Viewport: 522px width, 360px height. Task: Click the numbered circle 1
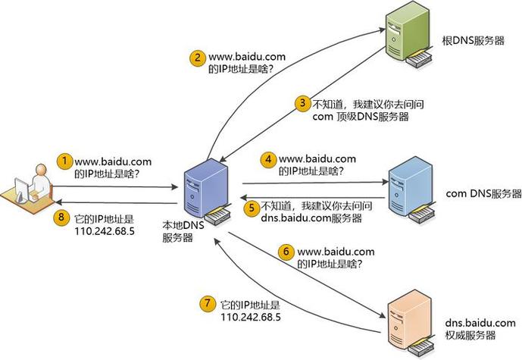pyautogui.click(x=65, y=161)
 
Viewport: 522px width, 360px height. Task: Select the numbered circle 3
pyautogui.click(x=302, y=102)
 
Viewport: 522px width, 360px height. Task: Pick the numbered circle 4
pyautogui.click(x=268, y=160)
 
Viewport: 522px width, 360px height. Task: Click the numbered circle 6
pyautogui.click(x=286, y=252)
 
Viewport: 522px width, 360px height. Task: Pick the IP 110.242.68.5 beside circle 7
pyautogui.click(x=252, y=317)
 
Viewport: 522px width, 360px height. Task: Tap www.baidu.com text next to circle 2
pyautogui.click(x=246, y=56)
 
